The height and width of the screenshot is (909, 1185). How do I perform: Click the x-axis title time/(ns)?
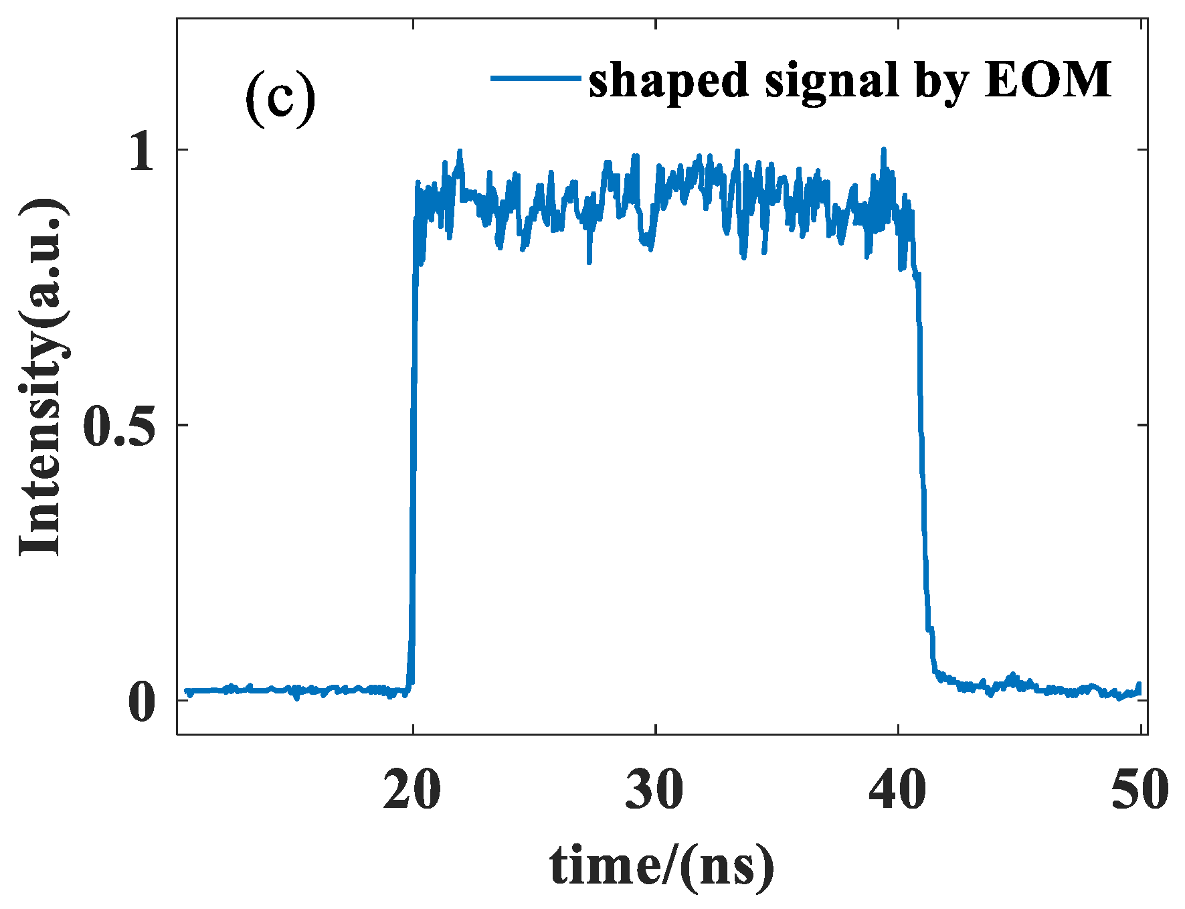coord(662,867)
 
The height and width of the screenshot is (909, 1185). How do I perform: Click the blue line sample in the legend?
coord(535,78)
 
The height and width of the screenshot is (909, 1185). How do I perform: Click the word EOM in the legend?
coord(1048,80)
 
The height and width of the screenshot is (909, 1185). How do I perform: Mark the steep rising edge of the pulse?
coord(414,428)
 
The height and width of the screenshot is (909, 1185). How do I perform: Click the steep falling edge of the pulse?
coord(922,428)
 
